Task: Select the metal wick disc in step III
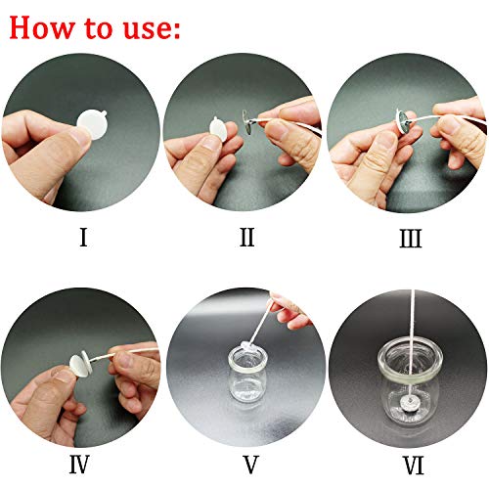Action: coord(400,123)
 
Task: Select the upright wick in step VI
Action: coord(404,342)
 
